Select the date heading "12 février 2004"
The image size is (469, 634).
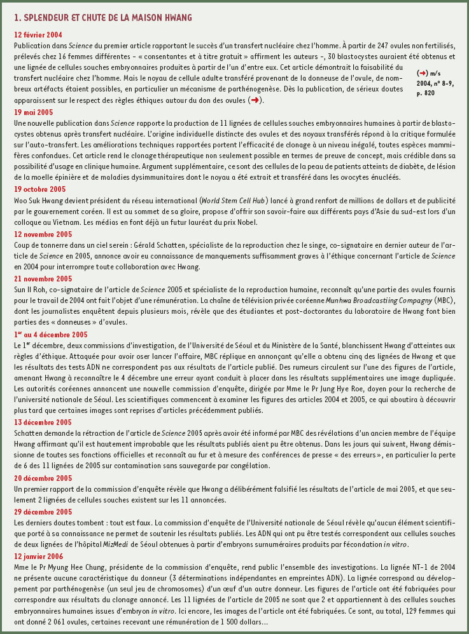pos(38,34)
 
